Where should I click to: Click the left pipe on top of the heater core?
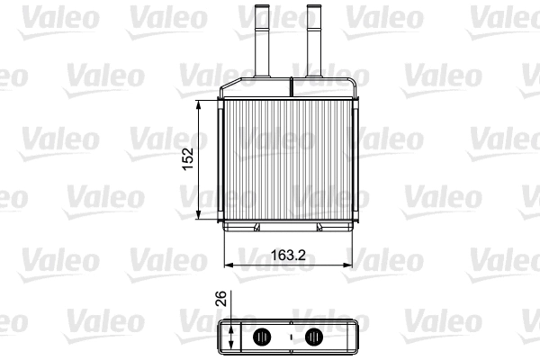tap(265, 45)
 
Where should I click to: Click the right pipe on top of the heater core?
tap(314, 45)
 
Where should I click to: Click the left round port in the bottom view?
tap(263, 337)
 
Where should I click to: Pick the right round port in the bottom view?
tap(314, 337)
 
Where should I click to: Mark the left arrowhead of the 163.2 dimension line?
tap(227, 265)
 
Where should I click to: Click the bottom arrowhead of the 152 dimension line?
tap(199, 215)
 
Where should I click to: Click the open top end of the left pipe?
tap(265, 8)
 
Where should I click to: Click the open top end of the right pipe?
tap(314, 8)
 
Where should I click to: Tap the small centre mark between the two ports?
tap(289, 338)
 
